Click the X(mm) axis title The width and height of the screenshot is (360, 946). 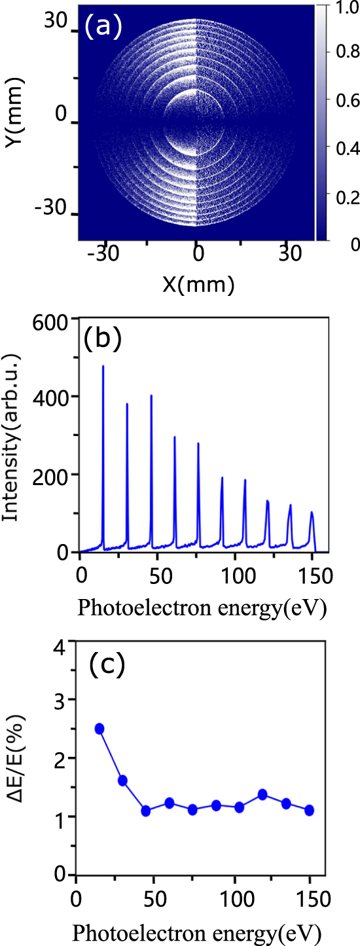(x=196, y=284)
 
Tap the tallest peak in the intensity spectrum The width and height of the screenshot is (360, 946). (x=103, y=367)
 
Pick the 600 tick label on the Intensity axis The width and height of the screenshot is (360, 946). (x=54, y=319)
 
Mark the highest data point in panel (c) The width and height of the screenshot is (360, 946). (x=99, y=729)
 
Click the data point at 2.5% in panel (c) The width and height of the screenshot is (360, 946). (x=99, y=729)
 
